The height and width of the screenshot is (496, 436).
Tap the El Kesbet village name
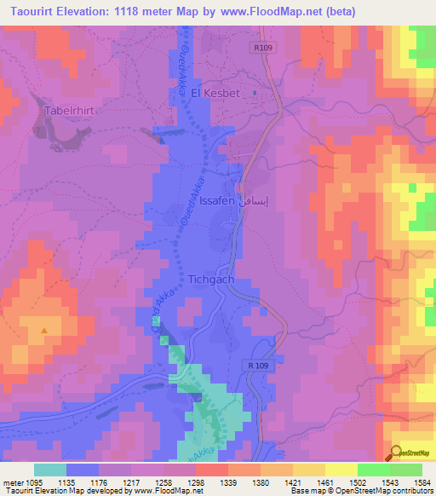pyautogui.click(x=216, y=93)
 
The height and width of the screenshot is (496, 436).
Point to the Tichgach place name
pyautogui.click(x=211, y=279)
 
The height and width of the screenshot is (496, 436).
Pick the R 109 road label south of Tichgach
pyautogui.click(x=262, y=366)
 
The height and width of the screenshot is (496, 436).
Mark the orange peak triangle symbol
pyautogui.click(x=44, y=330)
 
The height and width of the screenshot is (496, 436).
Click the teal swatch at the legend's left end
pyautogui.click(x=49, y=470)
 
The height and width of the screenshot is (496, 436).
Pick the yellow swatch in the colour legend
pyautogui.click(x=341, y=470)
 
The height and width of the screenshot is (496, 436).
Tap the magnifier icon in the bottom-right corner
pyautogui.click(x=395, y=453)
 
